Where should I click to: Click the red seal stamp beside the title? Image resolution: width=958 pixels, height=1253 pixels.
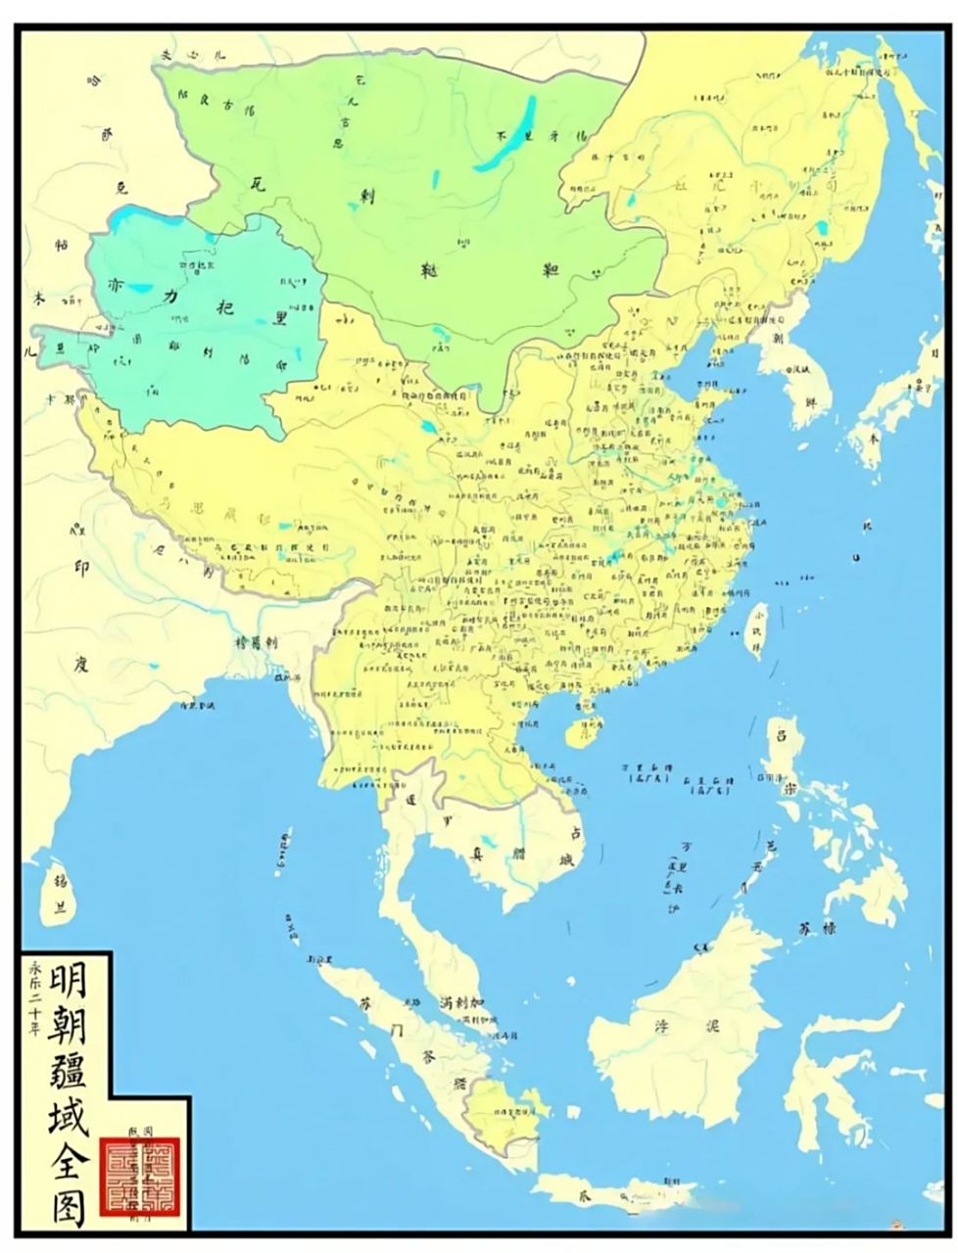pos(140,1174)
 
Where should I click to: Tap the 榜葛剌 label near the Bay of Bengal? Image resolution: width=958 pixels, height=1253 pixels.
pos(257,643)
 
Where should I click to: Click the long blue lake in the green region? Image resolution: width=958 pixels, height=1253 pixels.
pos(505,135)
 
